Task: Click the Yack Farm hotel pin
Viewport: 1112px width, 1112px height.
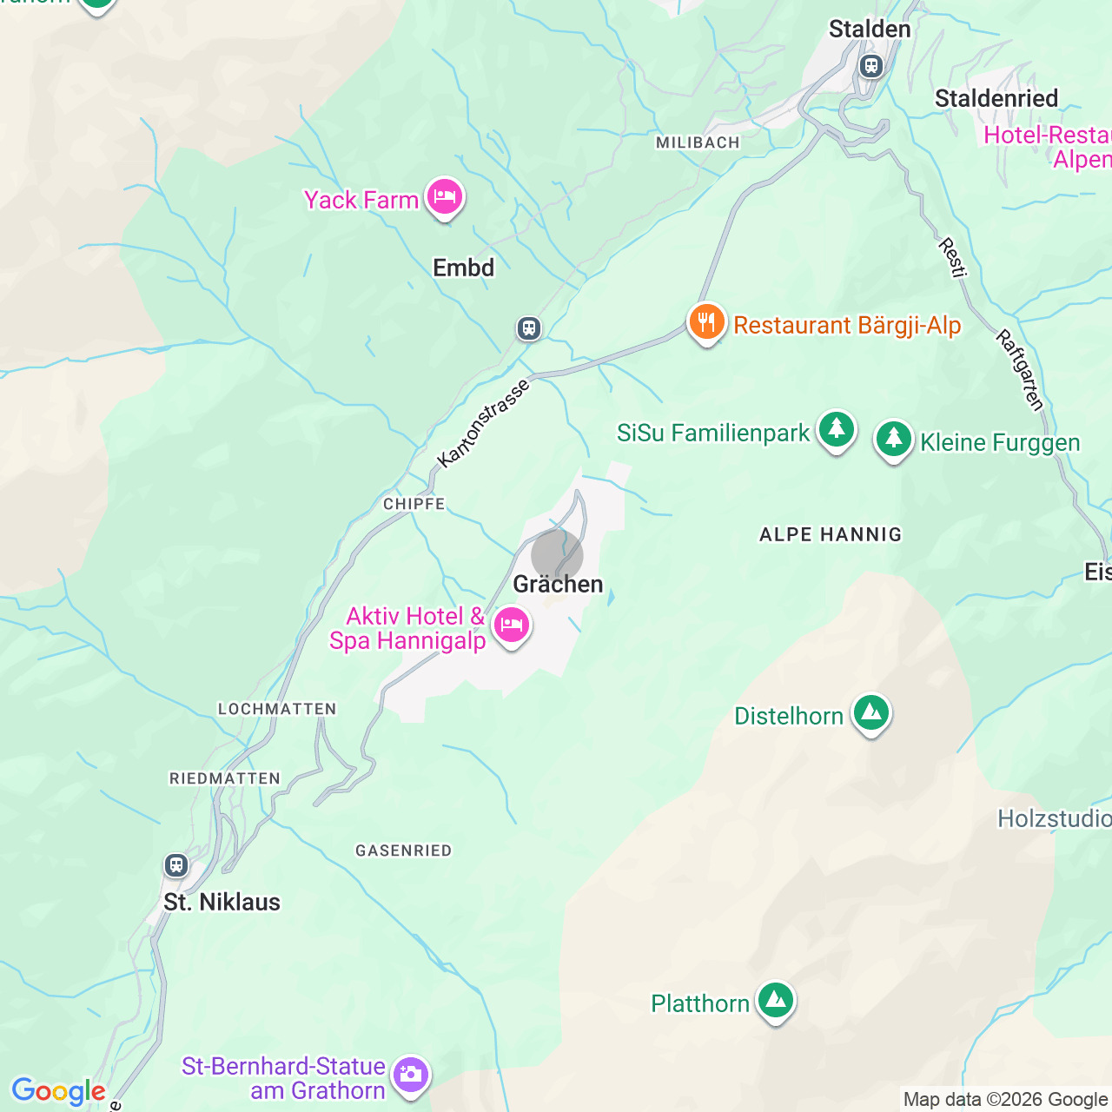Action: pyautogui.click(x=444, y=197)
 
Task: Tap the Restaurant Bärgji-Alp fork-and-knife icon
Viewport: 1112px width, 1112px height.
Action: pyautogui.click(x=706, y=322)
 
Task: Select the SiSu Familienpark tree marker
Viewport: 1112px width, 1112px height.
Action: pyautogui.click(x=836, y=430)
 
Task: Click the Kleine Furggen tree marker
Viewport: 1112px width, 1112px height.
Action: pyautogui.click(x=893, y=440)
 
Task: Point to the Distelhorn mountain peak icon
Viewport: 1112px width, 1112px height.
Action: pyautogui.click(x=870, y=714)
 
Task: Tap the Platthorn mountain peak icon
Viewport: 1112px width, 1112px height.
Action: pyautogui.click(x=775, y=1002)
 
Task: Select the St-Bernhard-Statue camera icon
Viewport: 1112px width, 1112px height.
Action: pyautogui.click(x=410, y=1076)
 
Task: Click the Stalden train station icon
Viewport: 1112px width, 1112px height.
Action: pyautogui.click(x=870, y=66)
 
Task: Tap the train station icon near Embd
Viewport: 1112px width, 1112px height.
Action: pyautogui.click(x=529, y=328)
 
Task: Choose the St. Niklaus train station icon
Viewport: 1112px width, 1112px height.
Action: pyautogui.click(x=176, y=865)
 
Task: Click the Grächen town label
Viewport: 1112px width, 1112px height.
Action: pyautogui.click(x=558, y=585)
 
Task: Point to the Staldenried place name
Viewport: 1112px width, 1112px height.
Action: pyautogui.click(x=996, y=99)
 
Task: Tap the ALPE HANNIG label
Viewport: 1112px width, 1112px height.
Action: pyautogui.click(x=831, y=535)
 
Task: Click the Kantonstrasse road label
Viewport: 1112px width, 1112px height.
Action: pyautogui.click(x=483, y=424)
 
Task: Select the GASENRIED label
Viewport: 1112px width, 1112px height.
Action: pyautogui.click(x=404, y=851)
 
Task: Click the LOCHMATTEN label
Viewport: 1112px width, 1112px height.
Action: pyautogui.click(x=277, y=709)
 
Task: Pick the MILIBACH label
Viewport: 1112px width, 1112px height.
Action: pyautogui.click(x=698, y=142)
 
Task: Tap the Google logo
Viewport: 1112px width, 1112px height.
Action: pyautogui.click(x=58, y=1091)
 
